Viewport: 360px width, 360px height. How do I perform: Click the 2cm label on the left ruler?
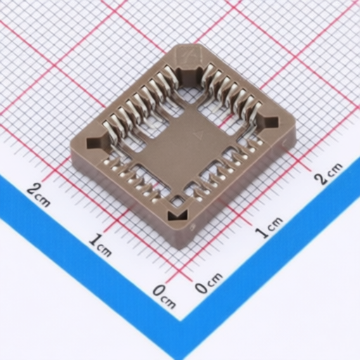coord(38,195)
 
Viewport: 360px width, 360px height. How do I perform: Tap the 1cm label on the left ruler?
coord(101,245)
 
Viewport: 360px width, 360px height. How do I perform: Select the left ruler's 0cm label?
coord(164,296)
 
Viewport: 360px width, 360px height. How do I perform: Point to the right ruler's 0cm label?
coord(209,283)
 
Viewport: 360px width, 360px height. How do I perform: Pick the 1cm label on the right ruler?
coord(269,227)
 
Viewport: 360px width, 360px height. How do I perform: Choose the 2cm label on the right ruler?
coord(328,173)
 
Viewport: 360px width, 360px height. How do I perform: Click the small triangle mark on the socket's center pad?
coord(199,136)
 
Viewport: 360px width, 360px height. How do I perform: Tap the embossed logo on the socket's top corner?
coord(190,54)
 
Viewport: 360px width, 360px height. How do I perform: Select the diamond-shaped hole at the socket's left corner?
coord(96,143)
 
